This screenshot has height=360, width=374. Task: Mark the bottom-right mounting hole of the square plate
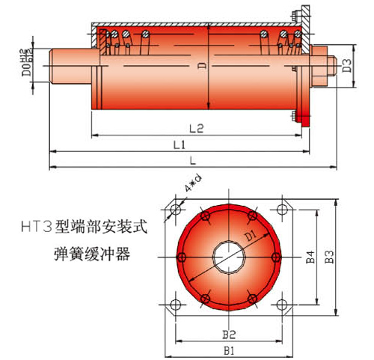pyautogui.click(x=281, y=305)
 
